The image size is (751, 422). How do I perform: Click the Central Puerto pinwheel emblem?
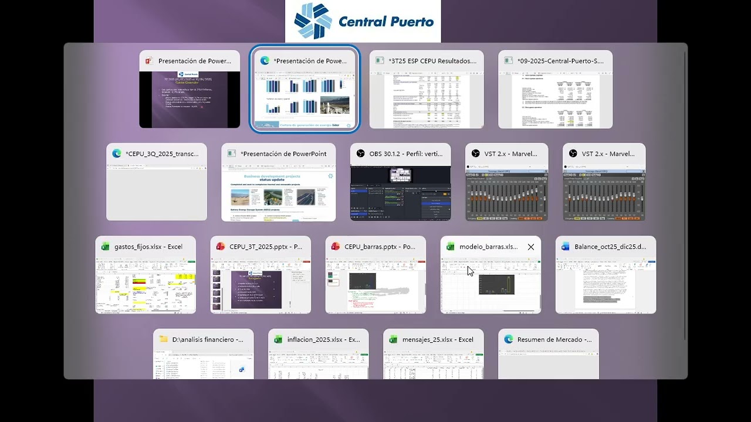click(313, 21)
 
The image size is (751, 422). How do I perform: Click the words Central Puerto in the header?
click(386, 22)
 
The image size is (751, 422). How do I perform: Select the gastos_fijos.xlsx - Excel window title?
click(148, 247)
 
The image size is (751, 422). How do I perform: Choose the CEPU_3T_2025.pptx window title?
click(266, 247)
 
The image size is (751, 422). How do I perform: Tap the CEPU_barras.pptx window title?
click(381, 247)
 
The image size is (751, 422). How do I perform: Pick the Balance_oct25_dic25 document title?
click(611, 247)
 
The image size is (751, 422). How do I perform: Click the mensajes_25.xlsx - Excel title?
click(438, 339)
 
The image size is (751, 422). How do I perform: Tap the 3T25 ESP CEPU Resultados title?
click(432, 60)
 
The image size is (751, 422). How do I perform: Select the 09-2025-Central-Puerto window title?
click(561, 60)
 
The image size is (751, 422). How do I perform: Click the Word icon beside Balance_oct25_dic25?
click(566, 247)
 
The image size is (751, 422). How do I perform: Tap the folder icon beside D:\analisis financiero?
click(163, 339)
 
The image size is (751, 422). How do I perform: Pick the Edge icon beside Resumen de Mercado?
click(508, 339)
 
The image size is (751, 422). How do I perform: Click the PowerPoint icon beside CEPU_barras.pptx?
click(336, 247)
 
